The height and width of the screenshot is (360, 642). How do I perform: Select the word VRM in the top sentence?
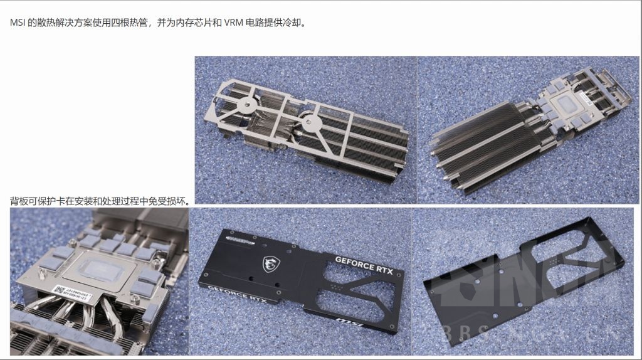(233, 23)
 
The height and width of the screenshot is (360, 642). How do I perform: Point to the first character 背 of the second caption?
(14, 201)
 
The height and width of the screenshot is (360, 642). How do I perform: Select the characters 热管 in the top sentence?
(137, 23)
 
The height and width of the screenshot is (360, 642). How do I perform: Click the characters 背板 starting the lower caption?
(18, 201)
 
